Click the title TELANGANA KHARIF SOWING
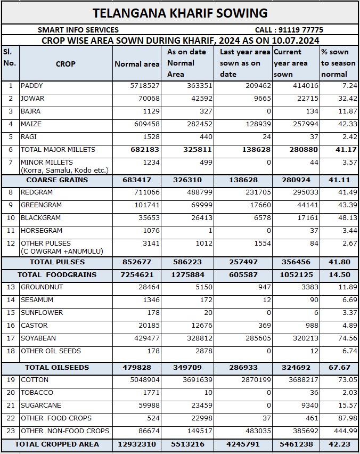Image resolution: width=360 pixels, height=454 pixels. pos(180,13)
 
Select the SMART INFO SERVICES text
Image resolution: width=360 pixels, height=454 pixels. pos(78,30)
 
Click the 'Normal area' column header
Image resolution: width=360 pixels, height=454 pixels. pos(137,64)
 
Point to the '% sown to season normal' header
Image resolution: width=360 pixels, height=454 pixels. pos(338,63)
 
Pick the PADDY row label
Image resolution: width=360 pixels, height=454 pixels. pos(32,86)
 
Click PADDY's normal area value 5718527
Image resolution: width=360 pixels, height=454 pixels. pos(141,86)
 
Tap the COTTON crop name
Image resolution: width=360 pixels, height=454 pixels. pos(35,380)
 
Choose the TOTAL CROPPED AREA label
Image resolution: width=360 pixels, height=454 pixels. pos(57,444)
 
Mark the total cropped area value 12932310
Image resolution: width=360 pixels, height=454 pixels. pos(137,444)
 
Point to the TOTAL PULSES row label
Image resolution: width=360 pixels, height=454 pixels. pos(57,262)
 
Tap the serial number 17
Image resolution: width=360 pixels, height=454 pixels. pos(11,338)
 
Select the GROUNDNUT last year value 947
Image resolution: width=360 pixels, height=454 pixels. pos(263,287)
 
